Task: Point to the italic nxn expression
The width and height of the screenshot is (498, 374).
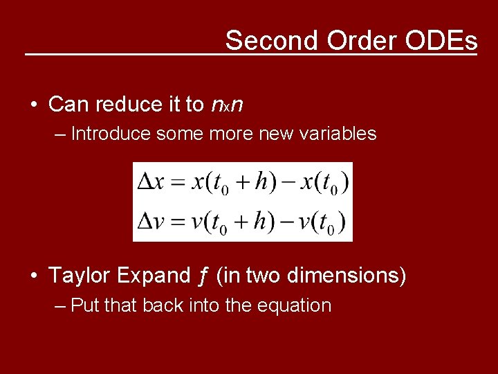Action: [x=226, y=105]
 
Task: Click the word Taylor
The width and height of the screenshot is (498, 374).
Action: [x=79, y=276]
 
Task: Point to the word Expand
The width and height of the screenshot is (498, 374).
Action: [x=152, y=276]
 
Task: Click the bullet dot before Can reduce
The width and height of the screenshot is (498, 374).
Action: [x=33, y=105]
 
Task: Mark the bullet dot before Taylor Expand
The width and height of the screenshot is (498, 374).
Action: [x=33, y=276]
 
